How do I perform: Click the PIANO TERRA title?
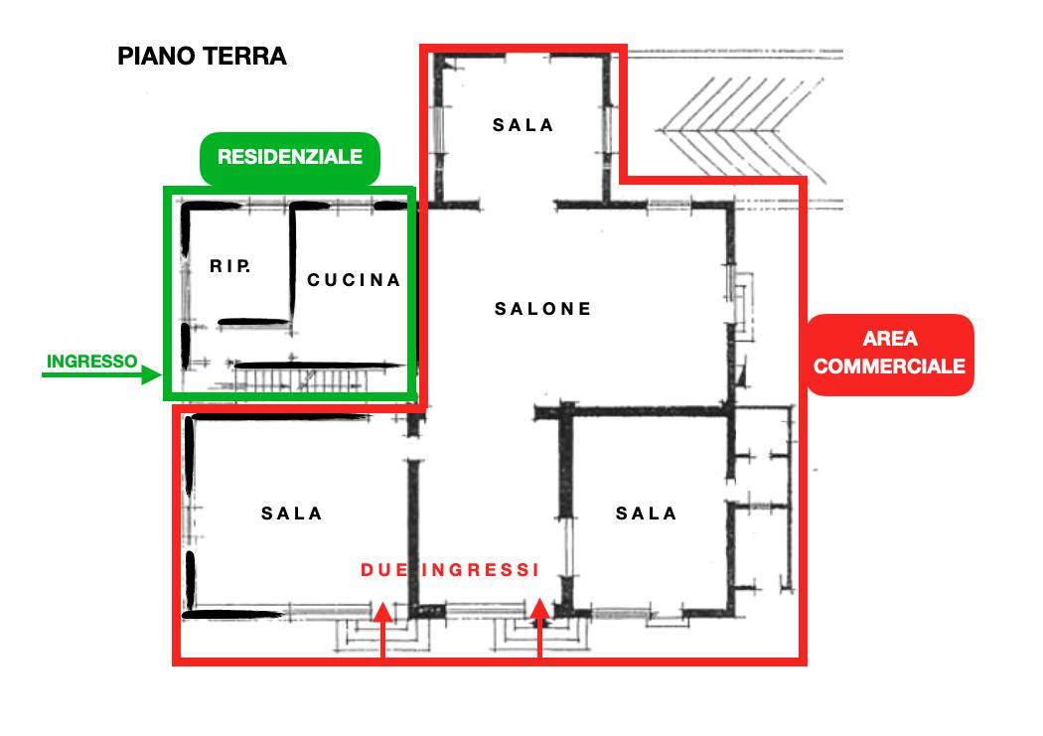point(202,57)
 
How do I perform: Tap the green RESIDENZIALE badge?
point(289,158)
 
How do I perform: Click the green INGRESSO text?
point(91,361)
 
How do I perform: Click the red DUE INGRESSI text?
point(450,570)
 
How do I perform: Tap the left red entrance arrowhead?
point(382,612)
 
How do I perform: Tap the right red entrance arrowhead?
point(539,609)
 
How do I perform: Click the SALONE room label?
point(542,309)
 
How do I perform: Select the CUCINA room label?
point(354,280)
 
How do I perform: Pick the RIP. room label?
point(230,266)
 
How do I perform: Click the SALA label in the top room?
point(522,125)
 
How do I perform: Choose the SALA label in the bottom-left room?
point(291,514)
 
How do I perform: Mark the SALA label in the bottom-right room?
point(646,514)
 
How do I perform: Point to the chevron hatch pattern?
point(742,130)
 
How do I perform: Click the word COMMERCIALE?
point(889,367)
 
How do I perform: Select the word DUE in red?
point(383,570)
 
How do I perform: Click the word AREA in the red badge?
point(890,339)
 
